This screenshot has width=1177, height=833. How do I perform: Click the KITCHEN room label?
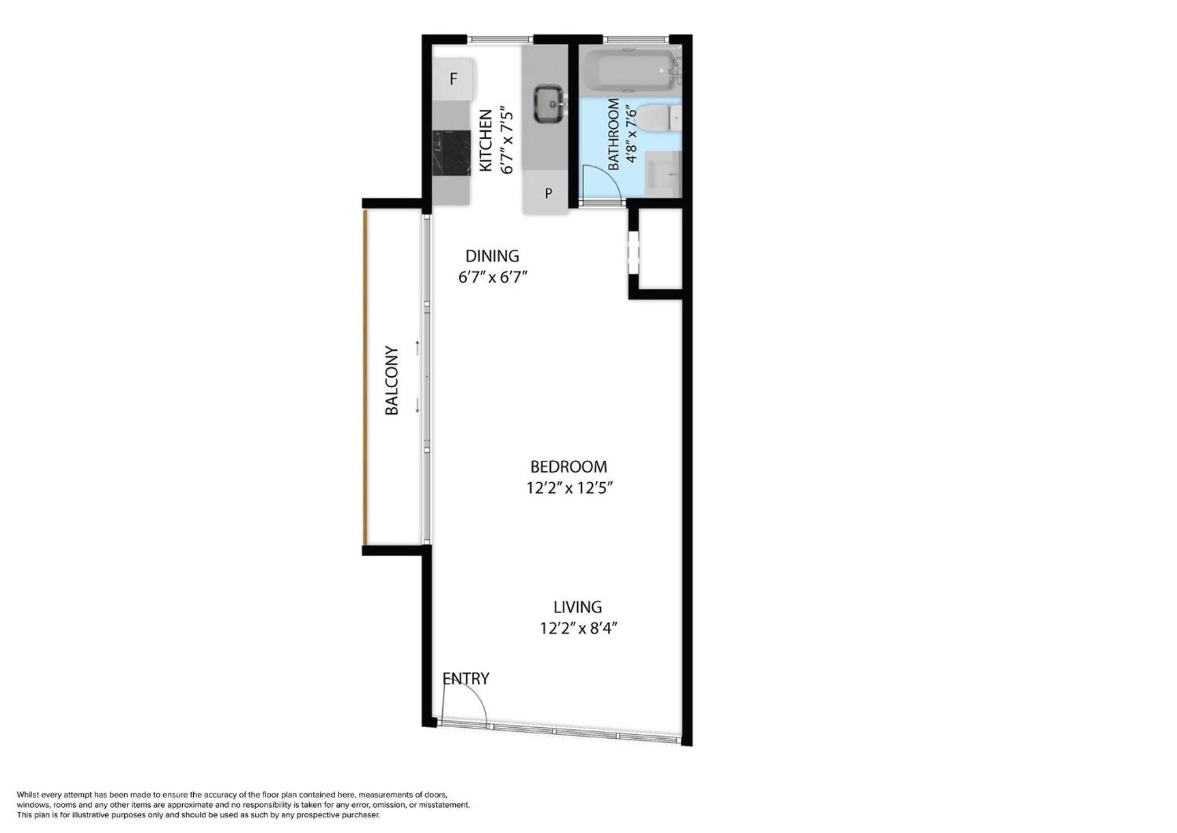pyautogui.click(x=486, y=140)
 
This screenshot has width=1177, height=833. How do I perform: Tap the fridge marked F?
pyautogui.click(x=454, y=79)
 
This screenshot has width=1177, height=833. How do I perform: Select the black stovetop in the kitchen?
pyautogui.click(x=451, y=152)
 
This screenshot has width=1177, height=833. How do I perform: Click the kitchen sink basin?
pyautogui.click(x=549, y=104)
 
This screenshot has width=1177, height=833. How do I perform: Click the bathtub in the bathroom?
pyautogui.click(x=630, y=71)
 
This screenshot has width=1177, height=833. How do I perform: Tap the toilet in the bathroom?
pyautogui.click(x=659, y=118)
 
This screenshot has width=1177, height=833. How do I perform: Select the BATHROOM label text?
pyautogui.click(x=614, y=134)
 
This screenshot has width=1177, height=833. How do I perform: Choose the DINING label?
pyautogui.click(x=492, y=256)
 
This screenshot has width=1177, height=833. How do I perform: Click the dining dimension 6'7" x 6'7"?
pyautogui.click(x=493, y=277)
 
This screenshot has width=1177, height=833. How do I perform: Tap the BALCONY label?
pyautogui.click(x=392, y=380)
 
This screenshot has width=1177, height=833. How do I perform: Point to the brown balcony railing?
pyautogui.click(x=365, y=377)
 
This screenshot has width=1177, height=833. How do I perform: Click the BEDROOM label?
pyautogui.click(x=569, y=467)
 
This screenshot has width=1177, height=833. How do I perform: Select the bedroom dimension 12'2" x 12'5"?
pyautogui.click(x=570, y=488)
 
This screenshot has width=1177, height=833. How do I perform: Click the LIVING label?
pyautogui.click(x=578, y=607)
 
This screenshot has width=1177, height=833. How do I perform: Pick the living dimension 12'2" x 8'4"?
pyautogui.click(x=578, y=628)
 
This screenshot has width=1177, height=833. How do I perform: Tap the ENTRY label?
pyautogui.click(x=466, y=679)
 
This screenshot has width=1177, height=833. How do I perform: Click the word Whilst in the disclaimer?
pyautogui.click(x=29, y=794)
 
